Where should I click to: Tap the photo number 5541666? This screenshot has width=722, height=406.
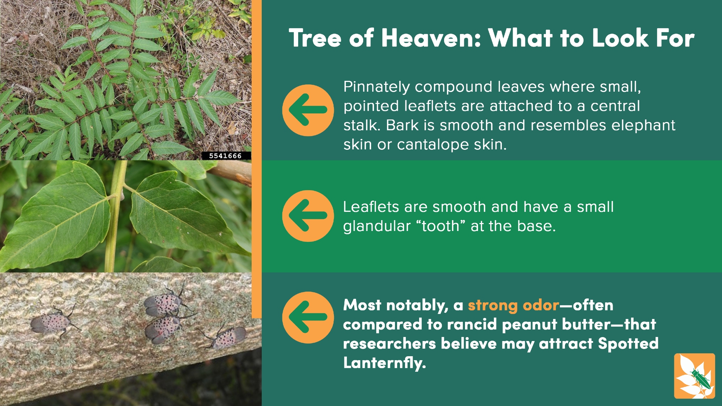(225, 156)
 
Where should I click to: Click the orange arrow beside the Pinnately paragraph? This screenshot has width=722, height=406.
(308, 110)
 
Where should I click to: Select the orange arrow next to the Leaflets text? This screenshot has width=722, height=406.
(308, 216)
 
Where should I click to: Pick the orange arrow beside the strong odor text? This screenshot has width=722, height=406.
(308, 317)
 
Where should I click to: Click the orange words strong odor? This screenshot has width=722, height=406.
(513, 305)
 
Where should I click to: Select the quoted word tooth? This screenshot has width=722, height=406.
(441, 226)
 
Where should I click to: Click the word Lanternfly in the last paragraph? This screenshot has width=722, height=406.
(384, 363)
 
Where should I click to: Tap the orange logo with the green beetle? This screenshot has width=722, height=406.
(694, 376)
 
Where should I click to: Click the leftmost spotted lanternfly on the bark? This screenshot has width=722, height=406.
(52, 322)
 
